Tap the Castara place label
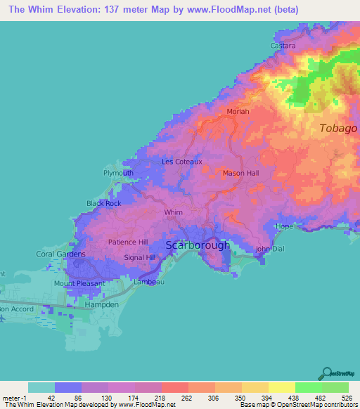click(x=283, y=46)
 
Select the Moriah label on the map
click(x=238, y=111)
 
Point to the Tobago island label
click(x=338, y=129)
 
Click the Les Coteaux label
click(x=182, y=162)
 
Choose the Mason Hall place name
click(x=240, y=173)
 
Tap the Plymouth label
click(x=118, y=173)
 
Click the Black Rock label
click(x=104, y=203)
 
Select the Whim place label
click(x=173, y=212)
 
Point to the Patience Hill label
click(x=128, y=242)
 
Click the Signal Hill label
click(x=139, y=257)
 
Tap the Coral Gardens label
click(x=60, y=254)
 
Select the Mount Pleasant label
click(x=79, y=283)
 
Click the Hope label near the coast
click(x=283, y=226)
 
